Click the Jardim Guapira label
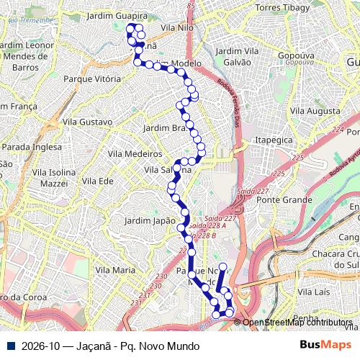click(116, 14)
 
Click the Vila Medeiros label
click(135, 153)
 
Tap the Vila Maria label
click(115, 269)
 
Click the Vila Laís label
click(314, 292)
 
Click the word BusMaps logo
click(325, 346)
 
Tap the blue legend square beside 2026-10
click(10, 346)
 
